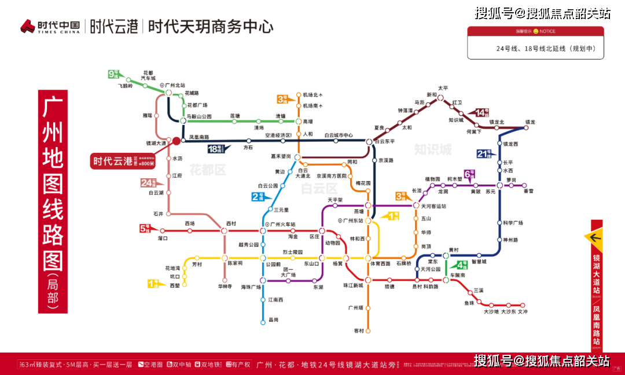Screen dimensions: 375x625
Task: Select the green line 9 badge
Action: (114, 74)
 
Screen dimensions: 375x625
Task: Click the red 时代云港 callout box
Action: (123, 161)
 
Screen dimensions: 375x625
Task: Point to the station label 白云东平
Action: (384, 141)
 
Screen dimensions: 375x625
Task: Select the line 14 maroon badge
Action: (482, 112)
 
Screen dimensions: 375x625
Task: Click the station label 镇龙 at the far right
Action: (530, 122)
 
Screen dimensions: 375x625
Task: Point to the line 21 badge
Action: (484, 153)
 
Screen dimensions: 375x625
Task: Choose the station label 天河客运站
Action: (433, 206)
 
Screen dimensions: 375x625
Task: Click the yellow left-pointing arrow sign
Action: (597, 237)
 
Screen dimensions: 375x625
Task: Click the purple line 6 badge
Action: (469, 173)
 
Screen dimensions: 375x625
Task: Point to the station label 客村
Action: (359, 330)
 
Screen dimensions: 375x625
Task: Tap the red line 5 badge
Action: (145, 229)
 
